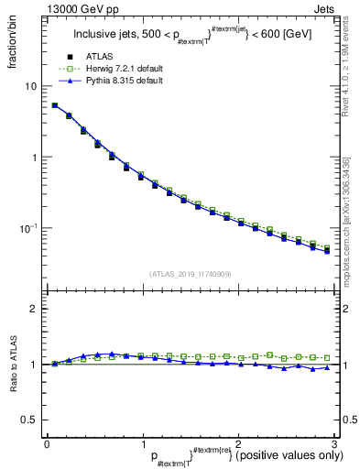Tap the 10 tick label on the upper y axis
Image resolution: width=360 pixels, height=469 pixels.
pyautogui.click(x=31, y=86)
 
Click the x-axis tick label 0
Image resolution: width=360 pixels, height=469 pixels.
pyautogui.click(x=47, y=443)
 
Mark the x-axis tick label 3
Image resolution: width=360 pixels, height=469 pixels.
pyautogui.click(x=334, y=443)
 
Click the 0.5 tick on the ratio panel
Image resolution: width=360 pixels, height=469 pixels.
pyautogui.click(x=30, y=420)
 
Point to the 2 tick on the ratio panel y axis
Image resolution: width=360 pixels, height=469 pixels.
pyautogui.click(x=34, y=309)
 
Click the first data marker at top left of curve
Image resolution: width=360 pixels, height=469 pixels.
pyautogui.click(x=55, y=105)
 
